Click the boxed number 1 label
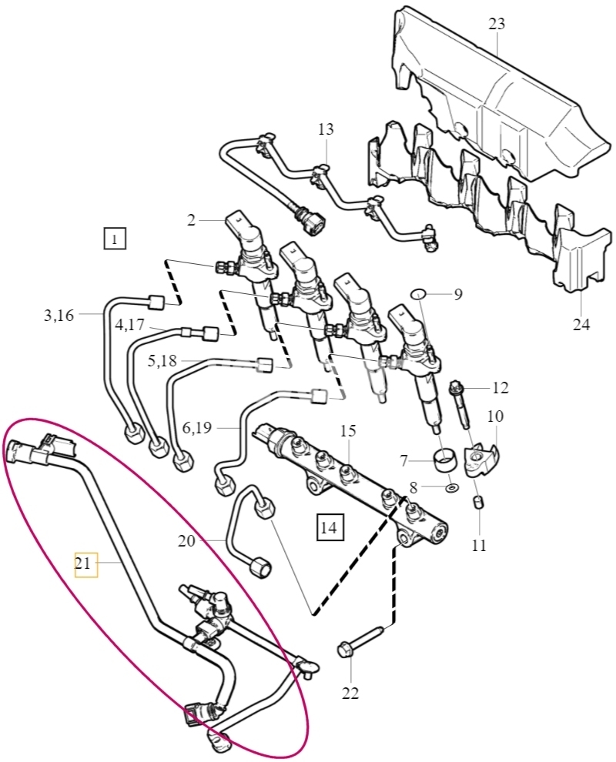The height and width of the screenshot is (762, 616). (x=114, y=238)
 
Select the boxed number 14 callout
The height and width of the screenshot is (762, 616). (x=330, y=526)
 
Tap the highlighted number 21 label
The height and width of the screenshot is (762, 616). (x=85, y=564)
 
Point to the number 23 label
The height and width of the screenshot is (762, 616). (x=497, y=23)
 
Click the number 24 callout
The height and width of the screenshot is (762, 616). (x=581, y=323)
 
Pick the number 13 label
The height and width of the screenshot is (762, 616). (x=326, y=129)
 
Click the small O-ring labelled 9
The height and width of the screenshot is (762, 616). (x=419, y=294)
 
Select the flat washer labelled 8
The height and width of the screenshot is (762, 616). (x=451, y=486)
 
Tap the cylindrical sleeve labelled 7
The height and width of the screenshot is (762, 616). (x=445, y=460)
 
